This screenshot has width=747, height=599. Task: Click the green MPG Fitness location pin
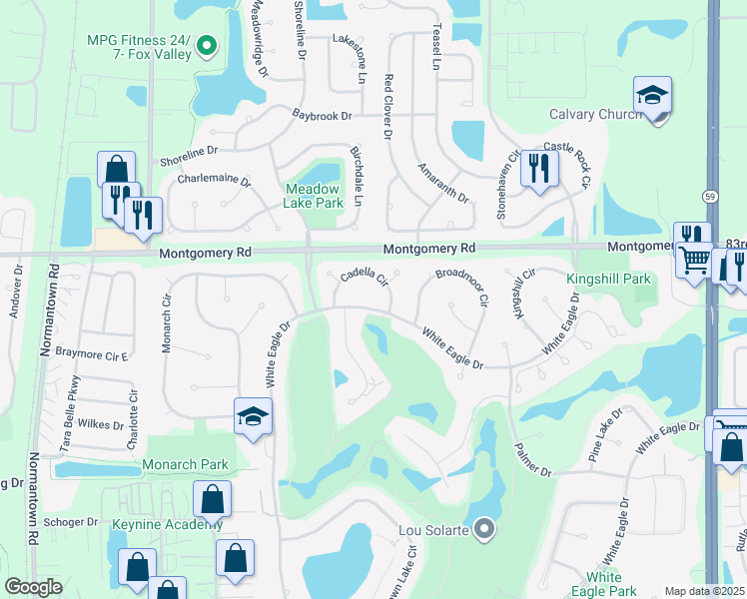208,44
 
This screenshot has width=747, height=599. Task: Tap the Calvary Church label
595,115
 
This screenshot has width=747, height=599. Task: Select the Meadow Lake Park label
314,195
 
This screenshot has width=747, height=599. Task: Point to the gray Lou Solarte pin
483,528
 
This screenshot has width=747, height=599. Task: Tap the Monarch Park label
185,464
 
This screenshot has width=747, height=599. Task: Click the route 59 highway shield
710,196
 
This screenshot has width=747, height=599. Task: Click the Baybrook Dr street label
323,116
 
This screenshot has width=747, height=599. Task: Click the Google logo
33,587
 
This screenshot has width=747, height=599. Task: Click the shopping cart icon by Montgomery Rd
696,262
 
